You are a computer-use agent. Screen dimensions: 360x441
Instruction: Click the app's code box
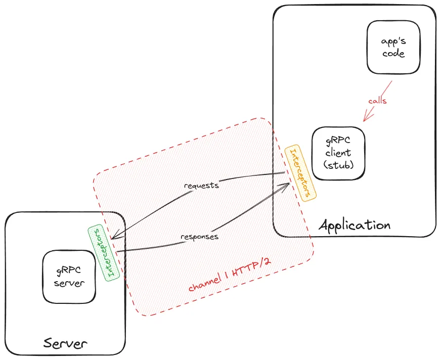[393, 47]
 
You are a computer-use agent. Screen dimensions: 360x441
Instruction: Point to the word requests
[202, 185]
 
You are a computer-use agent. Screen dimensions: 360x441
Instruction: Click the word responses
[200, 236]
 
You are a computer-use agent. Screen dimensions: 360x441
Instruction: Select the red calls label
[377, 101]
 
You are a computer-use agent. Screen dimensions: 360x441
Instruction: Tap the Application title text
[355, 224]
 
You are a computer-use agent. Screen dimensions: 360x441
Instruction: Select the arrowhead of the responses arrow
[287, 185]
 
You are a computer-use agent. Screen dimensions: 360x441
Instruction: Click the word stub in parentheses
[338, 165]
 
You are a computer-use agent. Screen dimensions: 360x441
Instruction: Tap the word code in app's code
[393, 54]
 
